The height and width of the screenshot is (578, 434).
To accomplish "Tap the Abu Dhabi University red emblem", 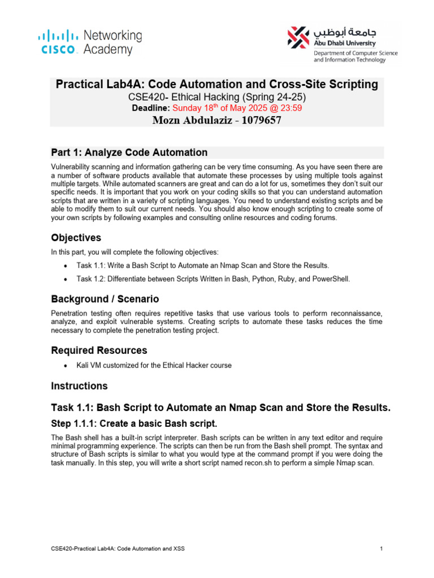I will coord(298,37).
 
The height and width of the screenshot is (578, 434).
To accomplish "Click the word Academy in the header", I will coord(108,50).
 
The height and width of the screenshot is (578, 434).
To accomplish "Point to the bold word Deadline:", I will coord(151,108).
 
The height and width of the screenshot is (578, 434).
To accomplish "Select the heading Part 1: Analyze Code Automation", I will coord(129,153).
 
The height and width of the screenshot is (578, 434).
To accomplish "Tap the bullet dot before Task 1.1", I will coord(67,265).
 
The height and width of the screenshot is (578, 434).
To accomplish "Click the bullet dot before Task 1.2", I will coord(67,279).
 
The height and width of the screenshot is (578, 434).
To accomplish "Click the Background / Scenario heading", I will coord(105,299).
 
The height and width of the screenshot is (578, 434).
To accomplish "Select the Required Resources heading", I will coord(99,351).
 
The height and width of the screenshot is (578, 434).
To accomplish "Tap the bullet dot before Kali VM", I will coord(67,365).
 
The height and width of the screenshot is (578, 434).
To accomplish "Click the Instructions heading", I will coord(79,386).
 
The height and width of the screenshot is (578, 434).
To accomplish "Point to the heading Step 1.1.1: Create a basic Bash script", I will coord(134,423).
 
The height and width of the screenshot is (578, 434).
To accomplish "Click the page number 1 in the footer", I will coord(382,548).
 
